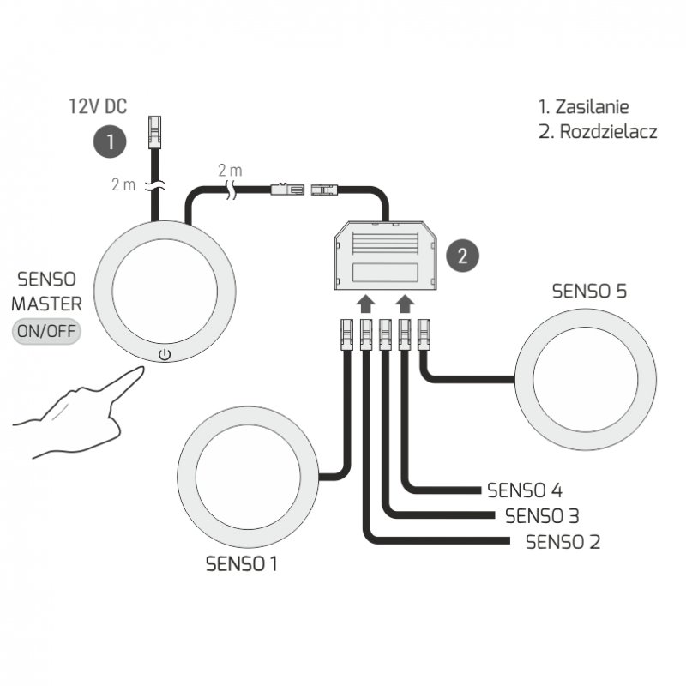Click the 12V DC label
(x=98, y=107)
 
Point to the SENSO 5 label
(x=589, y=291)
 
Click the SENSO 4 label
(x=524, y=490)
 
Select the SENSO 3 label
(x=542, y=516)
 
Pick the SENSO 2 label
(x=563, y=541)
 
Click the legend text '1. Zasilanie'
(x=583, y=107)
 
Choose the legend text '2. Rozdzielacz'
(x=597, y=133)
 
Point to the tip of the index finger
(x=138, y=370)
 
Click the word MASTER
(x=47, y=304)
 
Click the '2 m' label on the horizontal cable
(x=232, y=168)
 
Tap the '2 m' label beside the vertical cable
(x=123, y=184)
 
